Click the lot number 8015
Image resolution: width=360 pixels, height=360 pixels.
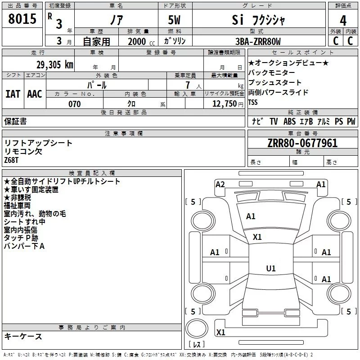(x=22, y=19)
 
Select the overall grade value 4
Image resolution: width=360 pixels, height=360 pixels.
(x=343, y=20)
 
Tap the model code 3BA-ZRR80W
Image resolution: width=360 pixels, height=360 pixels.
(x=258, y=41)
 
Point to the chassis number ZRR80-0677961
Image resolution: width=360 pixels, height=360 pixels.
(x=302, y=143)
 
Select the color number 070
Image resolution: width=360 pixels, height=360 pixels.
(x=74, y=104)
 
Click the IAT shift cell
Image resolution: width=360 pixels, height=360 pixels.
(x=13, y=94)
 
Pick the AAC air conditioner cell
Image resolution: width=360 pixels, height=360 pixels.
(x=35, y=94)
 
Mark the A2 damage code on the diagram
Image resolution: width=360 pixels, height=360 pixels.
(x=220, y=184)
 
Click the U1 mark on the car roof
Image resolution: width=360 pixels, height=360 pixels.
(x=270, y=268)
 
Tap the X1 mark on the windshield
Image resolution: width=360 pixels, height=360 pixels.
(x=257, y=237)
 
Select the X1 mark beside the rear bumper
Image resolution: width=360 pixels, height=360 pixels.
(x=220, y=332)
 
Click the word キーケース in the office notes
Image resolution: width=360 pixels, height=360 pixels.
(x=23, y=336)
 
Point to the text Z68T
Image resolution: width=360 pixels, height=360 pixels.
(x=12, y=160)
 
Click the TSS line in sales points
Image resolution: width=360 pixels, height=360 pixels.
(x=253, y=102)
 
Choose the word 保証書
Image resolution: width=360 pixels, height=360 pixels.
(x=15, y=121)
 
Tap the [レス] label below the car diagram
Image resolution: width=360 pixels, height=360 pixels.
(x=197, y=345)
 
